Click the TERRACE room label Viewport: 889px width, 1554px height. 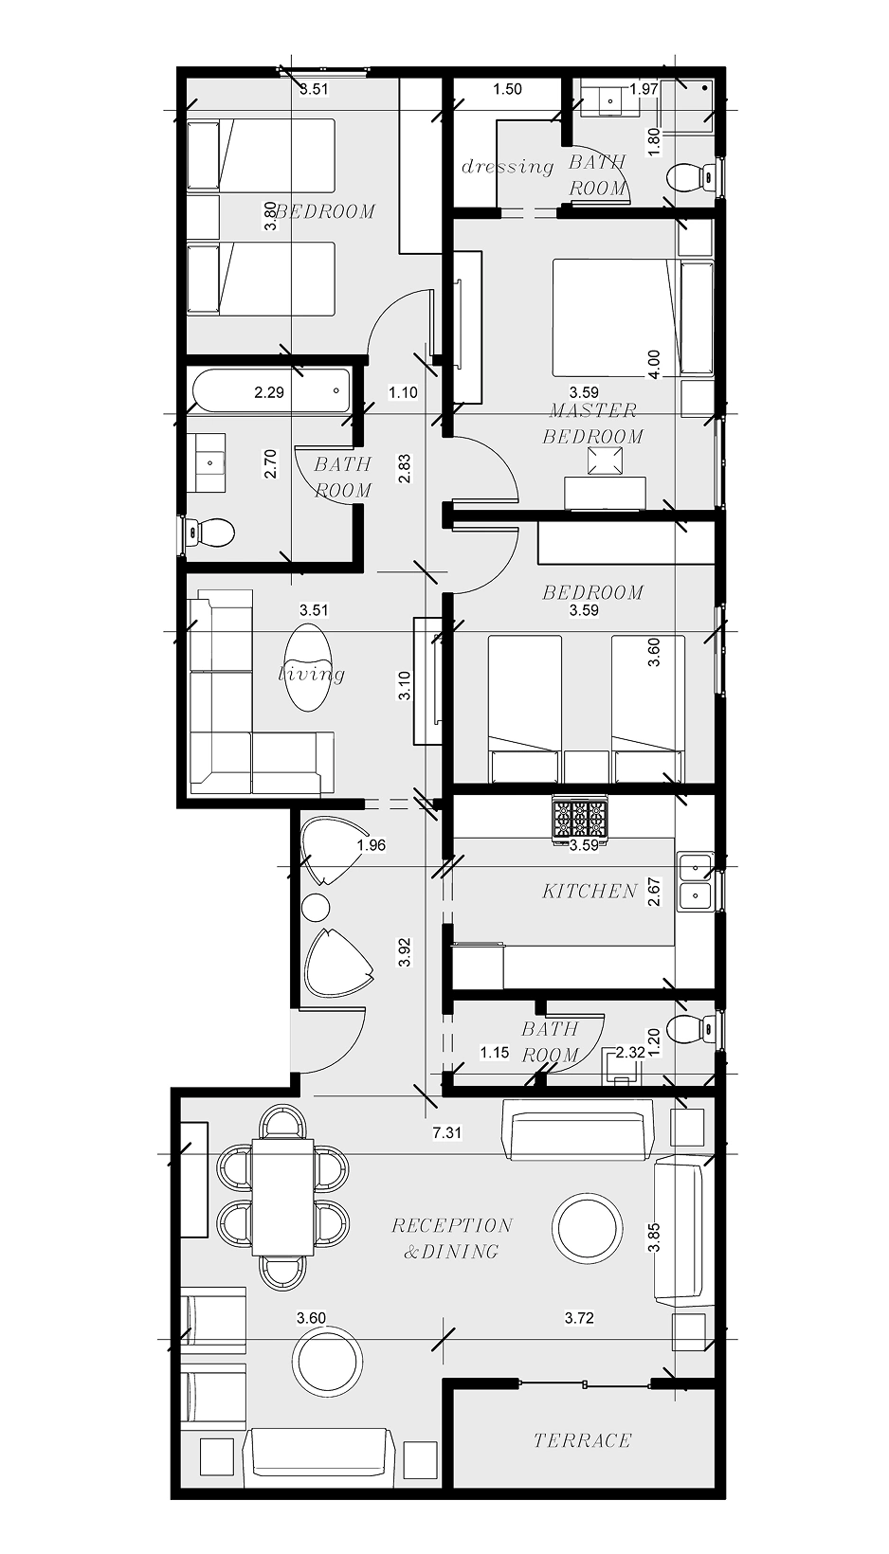pyautogui.click(x=582, y=1440)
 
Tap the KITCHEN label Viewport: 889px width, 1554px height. pyautogui.click(x=590, y=891)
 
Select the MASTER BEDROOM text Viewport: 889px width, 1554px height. pyautogui.click(x=593, y=424)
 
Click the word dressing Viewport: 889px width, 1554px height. pyautogui.click(x=507, y=167)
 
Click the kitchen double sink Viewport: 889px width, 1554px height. pyautogui.click(x=695, y=880)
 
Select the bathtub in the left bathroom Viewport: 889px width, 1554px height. pyautogui.click(x=270, y=391)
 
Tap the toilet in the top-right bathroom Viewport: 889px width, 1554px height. pyautogui.click(x=690, y=177)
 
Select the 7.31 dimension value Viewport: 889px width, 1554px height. pyautogui.click(x=446, y=1132)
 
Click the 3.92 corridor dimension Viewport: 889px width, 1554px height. pyautogui.click(x=405, y=952)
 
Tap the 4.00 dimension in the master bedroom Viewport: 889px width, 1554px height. pyautogui.click(x=653, y=365)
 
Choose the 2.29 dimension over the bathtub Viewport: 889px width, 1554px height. pyautogui.click(x=269, y=391)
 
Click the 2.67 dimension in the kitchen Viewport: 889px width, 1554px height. pyautogui.click(x=654, y=892)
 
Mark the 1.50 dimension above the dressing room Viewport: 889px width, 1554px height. pyautogui.click(x=507, y=89)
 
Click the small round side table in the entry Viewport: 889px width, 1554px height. pyautogui.click(x=316, y=907)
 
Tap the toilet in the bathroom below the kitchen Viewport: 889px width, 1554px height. pyautogui.click(x=689, y=1028)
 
